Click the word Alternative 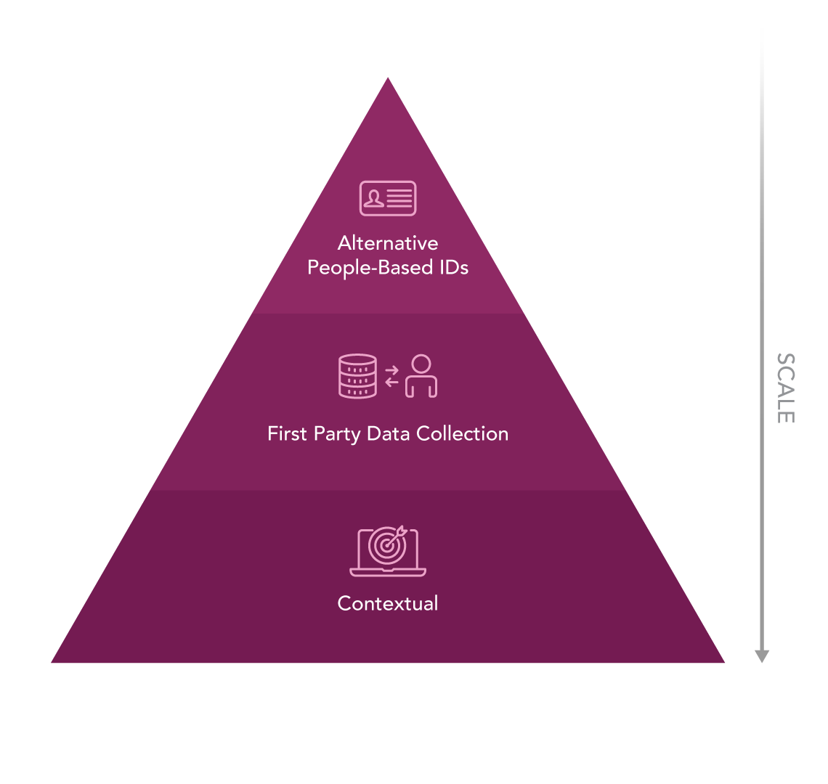[388, 243]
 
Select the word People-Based [370, 268]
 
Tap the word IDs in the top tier [454, 267]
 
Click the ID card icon [388, 198]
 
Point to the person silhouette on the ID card [374, 198]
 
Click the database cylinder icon [357, 376]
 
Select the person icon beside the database [421, 375]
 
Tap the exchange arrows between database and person [391, 376]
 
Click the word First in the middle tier [287, 433]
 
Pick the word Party [337, 435]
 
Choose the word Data [388, 433]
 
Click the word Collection [462, 433]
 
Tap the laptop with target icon [388, 551]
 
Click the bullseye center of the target [387, 545]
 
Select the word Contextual [388, 603]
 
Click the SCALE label [786, 388]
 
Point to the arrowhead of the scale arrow [761, 656]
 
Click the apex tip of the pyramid [388, 78]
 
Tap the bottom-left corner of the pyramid [52, 663]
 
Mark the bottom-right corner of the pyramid [725, 663]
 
